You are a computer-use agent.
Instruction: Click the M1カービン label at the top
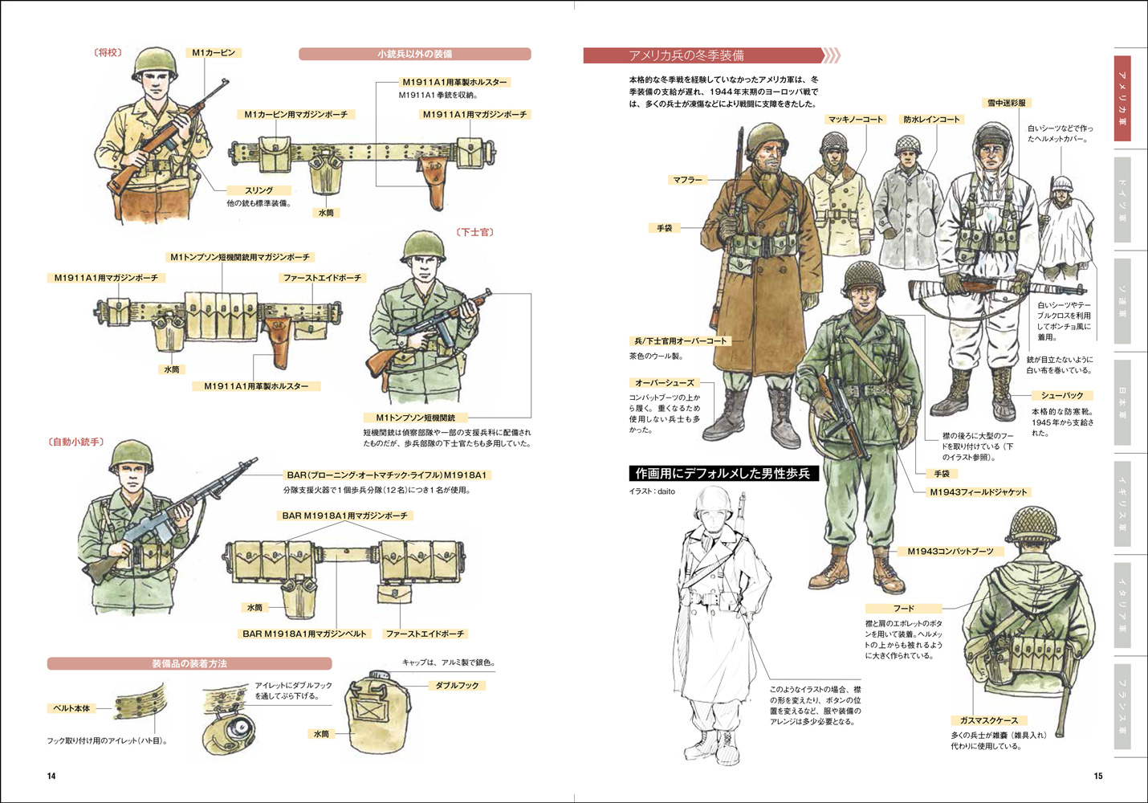tap(214, 53)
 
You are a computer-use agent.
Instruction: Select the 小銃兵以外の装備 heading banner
tap(414, 54)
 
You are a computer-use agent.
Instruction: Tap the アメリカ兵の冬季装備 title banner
tap(703, 55)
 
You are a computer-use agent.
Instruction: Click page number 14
tap(51, 776)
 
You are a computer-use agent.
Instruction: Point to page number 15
tap(1098, 776)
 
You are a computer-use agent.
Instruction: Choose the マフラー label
tap(687, 180)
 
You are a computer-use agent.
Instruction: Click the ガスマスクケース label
tap(988, 720)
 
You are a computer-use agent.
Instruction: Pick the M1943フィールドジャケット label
tap(978, 492)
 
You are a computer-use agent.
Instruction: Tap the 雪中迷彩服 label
tap(1007, 103)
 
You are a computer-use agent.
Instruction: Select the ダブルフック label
tap(457, 686)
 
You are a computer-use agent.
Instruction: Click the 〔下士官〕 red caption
tap(475, 232)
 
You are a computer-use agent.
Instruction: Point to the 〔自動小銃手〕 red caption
tap(77, 442)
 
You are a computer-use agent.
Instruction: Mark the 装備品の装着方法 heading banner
tap(189, 664)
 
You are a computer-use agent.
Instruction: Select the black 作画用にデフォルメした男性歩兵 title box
tap(723, 474)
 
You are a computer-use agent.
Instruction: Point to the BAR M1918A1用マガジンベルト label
tap(304, 634)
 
